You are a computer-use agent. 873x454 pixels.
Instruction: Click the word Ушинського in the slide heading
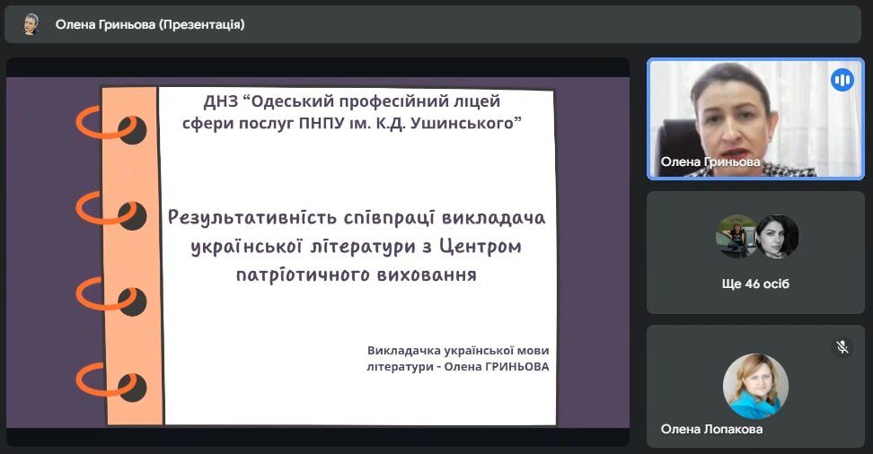coord(465,123)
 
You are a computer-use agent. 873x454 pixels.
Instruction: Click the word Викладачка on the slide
coord(402,351)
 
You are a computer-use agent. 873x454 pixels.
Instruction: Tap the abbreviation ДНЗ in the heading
coord(221,101)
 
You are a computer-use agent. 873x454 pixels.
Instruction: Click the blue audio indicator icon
coord(842,80)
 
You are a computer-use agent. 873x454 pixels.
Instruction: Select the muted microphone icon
coord(842,347)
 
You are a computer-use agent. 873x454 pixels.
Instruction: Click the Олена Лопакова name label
coord(711,429)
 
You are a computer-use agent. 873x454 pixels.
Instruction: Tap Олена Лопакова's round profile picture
coord(755,386)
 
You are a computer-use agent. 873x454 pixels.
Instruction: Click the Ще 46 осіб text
coord(755,284)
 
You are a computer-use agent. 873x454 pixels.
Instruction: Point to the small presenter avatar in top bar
coord(31,24)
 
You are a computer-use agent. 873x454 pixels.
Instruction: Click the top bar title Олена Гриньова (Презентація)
coord(150,24)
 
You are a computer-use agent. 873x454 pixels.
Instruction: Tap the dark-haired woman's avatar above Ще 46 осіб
coord(777,237)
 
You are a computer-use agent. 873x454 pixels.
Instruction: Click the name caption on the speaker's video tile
coord(710,162)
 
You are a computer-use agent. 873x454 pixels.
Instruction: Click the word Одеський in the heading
coord(292,101)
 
